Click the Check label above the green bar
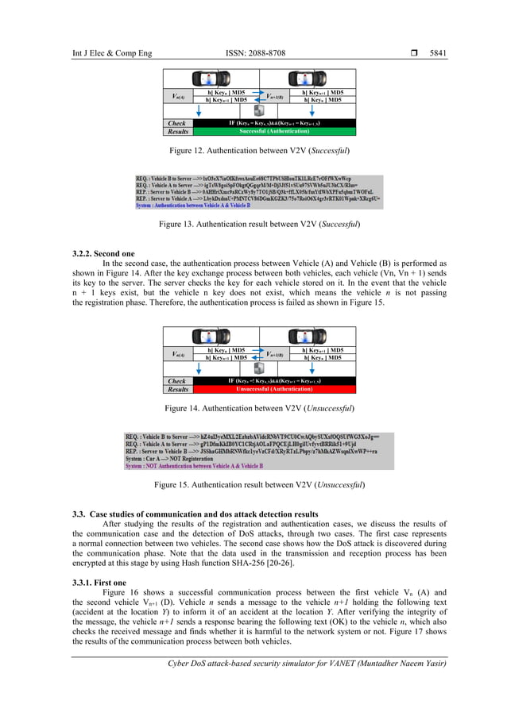(x=177, y=124)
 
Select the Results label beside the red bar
(x=178, y=389)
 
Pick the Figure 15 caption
(x=253, y=483)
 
